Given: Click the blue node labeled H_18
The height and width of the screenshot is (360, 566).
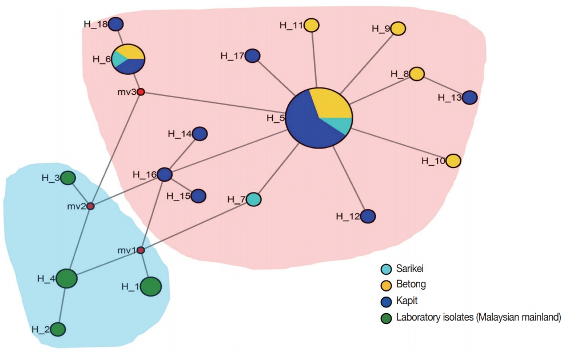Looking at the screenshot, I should (x=116, y=24).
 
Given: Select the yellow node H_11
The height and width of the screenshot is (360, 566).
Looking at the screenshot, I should (x=312, y=25).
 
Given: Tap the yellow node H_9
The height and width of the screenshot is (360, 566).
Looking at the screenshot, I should (x=398, y=28).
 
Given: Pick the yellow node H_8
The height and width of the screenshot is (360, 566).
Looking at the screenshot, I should (x=417, y=74).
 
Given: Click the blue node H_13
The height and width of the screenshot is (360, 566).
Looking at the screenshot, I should (x=469, y=98).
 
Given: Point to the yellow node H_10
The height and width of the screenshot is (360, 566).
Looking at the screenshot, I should (x=453, y=161).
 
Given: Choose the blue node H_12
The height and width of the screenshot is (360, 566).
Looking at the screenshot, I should (x=368, y=216).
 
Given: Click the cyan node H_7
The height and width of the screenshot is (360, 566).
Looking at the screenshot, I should (x=254, y=199).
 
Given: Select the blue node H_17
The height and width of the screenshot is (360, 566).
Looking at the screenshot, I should (x=253, y=56).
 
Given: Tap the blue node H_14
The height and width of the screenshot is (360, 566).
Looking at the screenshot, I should (x=200, y=134).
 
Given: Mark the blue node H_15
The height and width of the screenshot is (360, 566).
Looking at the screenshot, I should (x=198, y=196).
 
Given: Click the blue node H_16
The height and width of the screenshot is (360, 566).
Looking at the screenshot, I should (x=165, y=174).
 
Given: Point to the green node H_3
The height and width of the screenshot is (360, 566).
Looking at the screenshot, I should (x=68, y=178).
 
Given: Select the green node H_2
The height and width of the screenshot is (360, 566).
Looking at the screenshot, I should (x=58, y=329).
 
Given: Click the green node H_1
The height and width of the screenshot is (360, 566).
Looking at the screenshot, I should (x=150, y=286).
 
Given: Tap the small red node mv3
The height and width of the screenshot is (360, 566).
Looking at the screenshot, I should (x=140, y=92).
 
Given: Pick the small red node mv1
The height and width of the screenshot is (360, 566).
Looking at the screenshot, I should (x=141, y=250).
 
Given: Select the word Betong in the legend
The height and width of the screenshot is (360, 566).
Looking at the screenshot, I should (x=411, y=283).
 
